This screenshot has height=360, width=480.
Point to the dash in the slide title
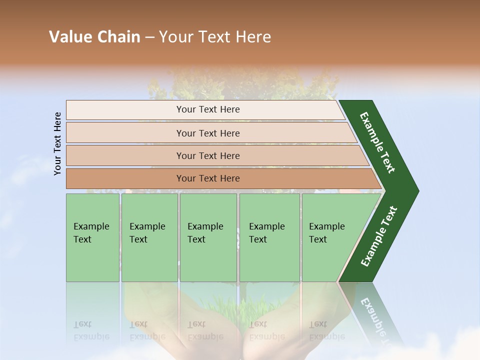[x=149, y=37]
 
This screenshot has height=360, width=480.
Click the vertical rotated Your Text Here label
[x=57, y=143]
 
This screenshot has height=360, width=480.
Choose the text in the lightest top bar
[x=208, y=109]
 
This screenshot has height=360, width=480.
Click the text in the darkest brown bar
[x=208, y=178]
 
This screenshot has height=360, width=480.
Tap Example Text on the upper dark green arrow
[x=377, y=142]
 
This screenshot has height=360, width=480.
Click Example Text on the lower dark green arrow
[x=378, y=236]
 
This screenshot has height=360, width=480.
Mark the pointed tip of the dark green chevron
[x=417, y=191]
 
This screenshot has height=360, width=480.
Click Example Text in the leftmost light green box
[x=91, y=233]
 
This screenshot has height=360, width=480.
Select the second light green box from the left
[x=149, y=237]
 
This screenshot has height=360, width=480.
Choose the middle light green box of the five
[x=208, y=237]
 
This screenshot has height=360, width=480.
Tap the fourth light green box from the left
[x=269, y=237]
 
